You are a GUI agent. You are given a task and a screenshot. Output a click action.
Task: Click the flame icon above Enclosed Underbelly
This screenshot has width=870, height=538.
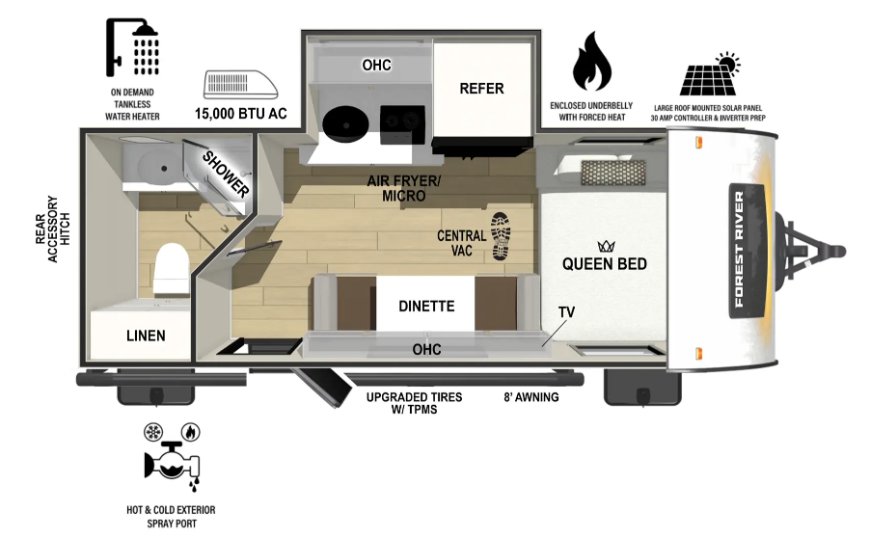pos(592,61)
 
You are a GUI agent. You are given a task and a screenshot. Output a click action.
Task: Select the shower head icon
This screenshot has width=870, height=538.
pos(132,47)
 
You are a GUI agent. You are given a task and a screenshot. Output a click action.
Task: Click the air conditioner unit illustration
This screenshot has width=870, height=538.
pos(241,85)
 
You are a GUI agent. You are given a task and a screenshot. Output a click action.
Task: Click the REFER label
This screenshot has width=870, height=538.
pos(481,89)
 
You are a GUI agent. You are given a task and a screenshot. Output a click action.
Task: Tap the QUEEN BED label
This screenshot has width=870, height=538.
pos(604,263)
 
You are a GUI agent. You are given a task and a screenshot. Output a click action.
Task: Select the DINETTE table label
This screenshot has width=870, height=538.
pos(426,307)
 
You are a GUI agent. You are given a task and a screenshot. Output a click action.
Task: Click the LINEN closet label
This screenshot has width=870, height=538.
pos(146,336)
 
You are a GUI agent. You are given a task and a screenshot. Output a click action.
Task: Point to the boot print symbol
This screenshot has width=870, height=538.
pos(501,236)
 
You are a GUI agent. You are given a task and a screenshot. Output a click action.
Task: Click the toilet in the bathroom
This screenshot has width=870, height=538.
pos(172,270)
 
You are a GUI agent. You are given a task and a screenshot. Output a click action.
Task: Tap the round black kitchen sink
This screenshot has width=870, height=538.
pos(346,124)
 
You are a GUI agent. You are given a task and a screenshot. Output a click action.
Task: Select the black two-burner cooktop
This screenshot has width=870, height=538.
pos(402,124)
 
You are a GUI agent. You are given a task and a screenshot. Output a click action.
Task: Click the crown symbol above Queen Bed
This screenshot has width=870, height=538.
pos(606,246)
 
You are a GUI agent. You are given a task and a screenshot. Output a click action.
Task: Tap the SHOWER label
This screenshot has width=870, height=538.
pos(226,174)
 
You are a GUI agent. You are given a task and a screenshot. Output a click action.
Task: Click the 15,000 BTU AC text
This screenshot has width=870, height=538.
pos(241,114)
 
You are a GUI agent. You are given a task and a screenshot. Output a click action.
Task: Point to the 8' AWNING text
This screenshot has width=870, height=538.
pos(531,397)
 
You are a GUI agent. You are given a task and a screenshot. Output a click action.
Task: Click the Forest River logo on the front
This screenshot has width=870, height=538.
pos(746,250)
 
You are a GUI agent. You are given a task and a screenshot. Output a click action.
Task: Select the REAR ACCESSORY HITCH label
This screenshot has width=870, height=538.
pos(53,229)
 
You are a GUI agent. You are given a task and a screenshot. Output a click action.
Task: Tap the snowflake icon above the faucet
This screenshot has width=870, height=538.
pos(153,432)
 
